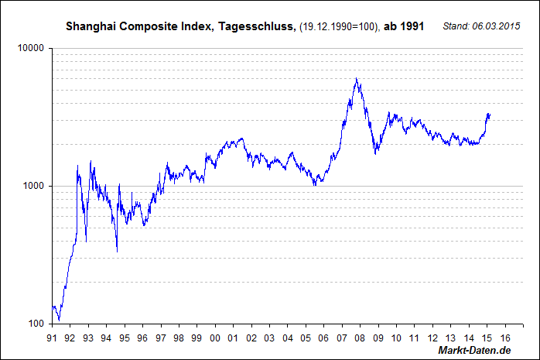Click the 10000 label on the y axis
coord(29,48)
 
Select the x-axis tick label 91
coord(51,338)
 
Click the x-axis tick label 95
coord(125,338)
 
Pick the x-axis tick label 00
coord(214,338)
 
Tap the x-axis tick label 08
coord(360,338)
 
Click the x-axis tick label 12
coord(432,338)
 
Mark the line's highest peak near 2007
coord(356,78)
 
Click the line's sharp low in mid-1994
coord(117,251)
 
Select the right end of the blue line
coord(490,116)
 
